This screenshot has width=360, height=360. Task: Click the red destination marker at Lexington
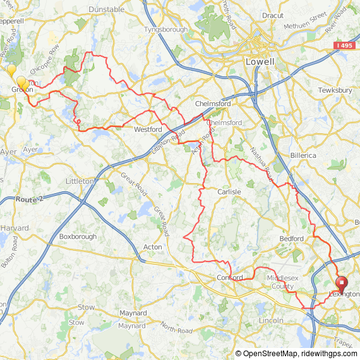342,283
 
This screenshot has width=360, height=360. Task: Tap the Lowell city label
260,62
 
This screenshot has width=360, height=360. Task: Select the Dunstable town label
106,9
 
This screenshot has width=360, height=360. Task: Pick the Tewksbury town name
335,90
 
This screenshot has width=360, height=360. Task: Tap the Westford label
148,129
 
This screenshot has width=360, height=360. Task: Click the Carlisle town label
229,191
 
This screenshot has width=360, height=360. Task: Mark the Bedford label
292,238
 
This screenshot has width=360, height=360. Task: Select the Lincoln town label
271,320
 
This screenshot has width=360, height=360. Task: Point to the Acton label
152,247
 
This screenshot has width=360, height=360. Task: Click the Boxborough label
78,237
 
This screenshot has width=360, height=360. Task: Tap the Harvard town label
15,227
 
